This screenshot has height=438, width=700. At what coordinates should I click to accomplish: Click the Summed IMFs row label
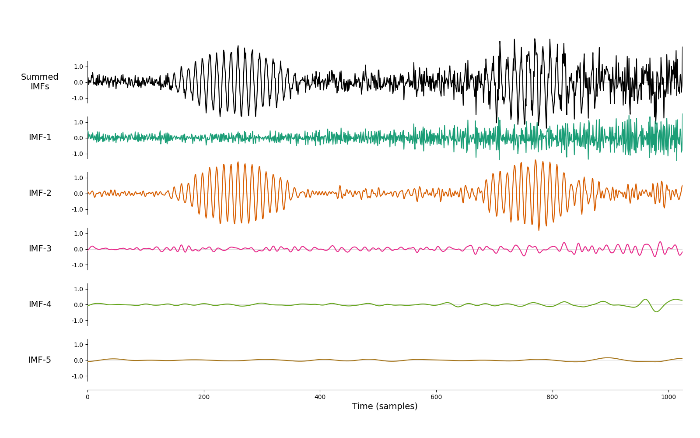tap(40, 81)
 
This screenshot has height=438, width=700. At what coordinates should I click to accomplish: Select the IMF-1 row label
tap(40, 138)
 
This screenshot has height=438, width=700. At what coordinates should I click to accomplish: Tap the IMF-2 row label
tap(40, 193)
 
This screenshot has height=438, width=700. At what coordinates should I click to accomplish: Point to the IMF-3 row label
tap(40, 249)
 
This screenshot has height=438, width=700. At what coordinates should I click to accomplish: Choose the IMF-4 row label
tap(40, 304)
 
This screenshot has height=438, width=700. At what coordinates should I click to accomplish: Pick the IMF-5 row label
tap(40, 360)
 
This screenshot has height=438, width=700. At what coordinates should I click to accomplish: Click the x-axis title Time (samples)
tap(385, 406)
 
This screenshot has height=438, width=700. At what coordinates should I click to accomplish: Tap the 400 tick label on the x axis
tap(320, 397)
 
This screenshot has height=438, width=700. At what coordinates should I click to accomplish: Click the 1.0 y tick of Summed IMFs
tap(78, 67)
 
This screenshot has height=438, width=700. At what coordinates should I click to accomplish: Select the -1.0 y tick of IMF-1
tap(77, 154)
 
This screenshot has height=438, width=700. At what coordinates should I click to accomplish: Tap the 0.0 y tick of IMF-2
tap(78, 194)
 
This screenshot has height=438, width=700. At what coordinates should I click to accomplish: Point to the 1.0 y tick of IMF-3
tap(78, 233)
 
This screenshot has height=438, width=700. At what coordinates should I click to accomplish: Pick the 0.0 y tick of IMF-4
tap(78, 305)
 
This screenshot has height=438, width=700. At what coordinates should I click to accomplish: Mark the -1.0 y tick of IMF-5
tap(77, 376)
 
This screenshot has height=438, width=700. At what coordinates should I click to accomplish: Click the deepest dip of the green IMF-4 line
tap(656, 311)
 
